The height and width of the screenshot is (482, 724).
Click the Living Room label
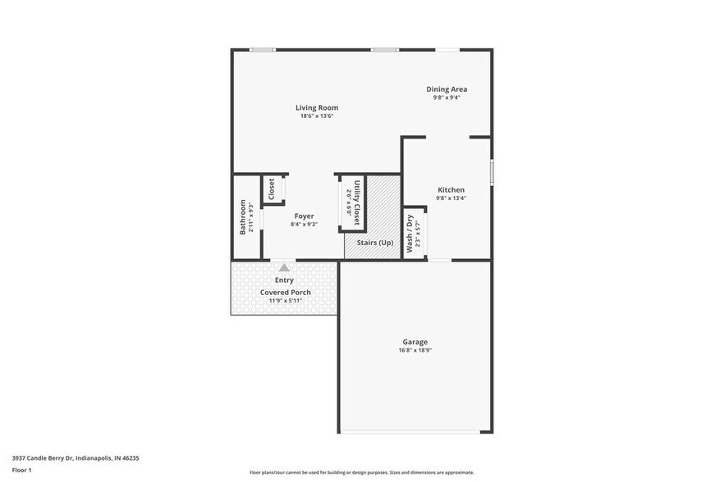click(317, 107)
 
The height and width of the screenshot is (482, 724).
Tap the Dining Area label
click(447, 89)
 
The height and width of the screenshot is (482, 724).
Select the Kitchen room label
click(451, 189)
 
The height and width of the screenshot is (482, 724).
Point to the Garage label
click(415, 342)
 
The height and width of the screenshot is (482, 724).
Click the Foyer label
click(304, 216)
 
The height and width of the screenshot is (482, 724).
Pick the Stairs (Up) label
click(373, 243)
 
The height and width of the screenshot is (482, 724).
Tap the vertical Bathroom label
click(243, 217)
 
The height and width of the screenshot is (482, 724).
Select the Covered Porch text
click(285, 292)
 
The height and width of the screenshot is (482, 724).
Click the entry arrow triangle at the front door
click(284, 266)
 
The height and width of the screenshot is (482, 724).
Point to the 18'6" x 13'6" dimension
click(317, 116)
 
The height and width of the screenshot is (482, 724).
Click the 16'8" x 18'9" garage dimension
click(415, 351)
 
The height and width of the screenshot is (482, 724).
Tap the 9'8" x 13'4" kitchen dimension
click(451, 198)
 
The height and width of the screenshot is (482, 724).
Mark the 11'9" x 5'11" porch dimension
click(285, 301)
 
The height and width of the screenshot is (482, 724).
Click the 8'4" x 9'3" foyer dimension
click(304, 225)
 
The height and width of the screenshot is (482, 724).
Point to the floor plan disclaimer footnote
click(361, 472)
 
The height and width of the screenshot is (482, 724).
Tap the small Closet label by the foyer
click(271, 189)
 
